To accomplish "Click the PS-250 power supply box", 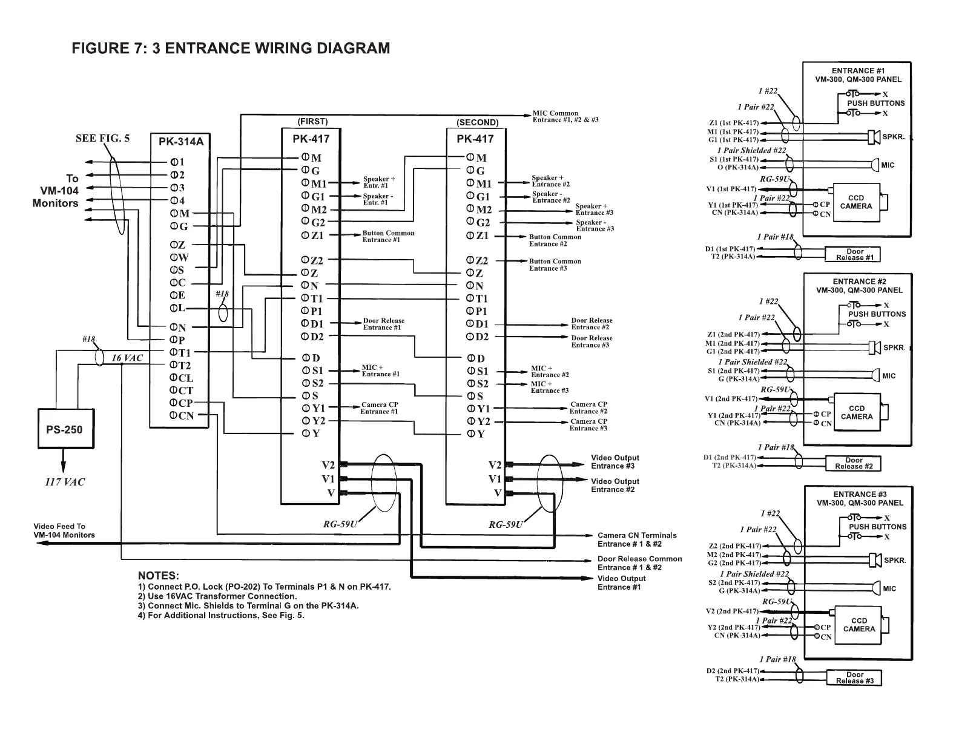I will (65, 429).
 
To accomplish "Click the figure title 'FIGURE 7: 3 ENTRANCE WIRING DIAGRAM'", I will (231, 48).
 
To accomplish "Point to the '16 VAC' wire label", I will (127, 358).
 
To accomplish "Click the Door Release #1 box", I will (853, 254).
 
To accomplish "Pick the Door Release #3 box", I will (854, 677).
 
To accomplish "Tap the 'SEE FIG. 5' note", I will (102, 138).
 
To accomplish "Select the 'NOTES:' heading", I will (158, 575).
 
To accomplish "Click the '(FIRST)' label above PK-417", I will (312, 122).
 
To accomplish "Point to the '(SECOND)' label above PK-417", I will (477, 122).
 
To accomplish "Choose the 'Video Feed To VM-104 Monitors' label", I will (64, 530).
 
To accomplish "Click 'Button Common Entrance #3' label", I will (555, 265).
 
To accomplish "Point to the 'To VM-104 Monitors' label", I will (56, 191).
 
